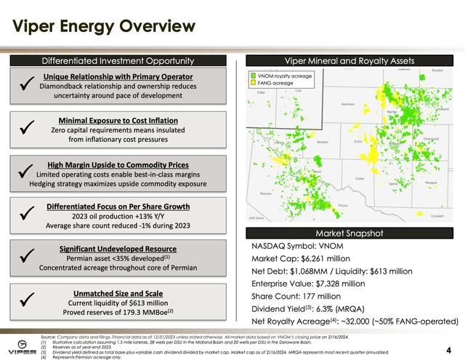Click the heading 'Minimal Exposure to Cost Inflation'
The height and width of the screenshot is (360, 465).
tap(117, 120)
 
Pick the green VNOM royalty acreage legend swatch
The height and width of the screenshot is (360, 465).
tap(252, 75)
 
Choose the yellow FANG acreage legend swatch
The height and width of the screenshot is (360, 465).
tap(252, 83)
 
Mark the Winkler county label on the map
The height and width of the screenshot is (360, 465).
tap(323, 142)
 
